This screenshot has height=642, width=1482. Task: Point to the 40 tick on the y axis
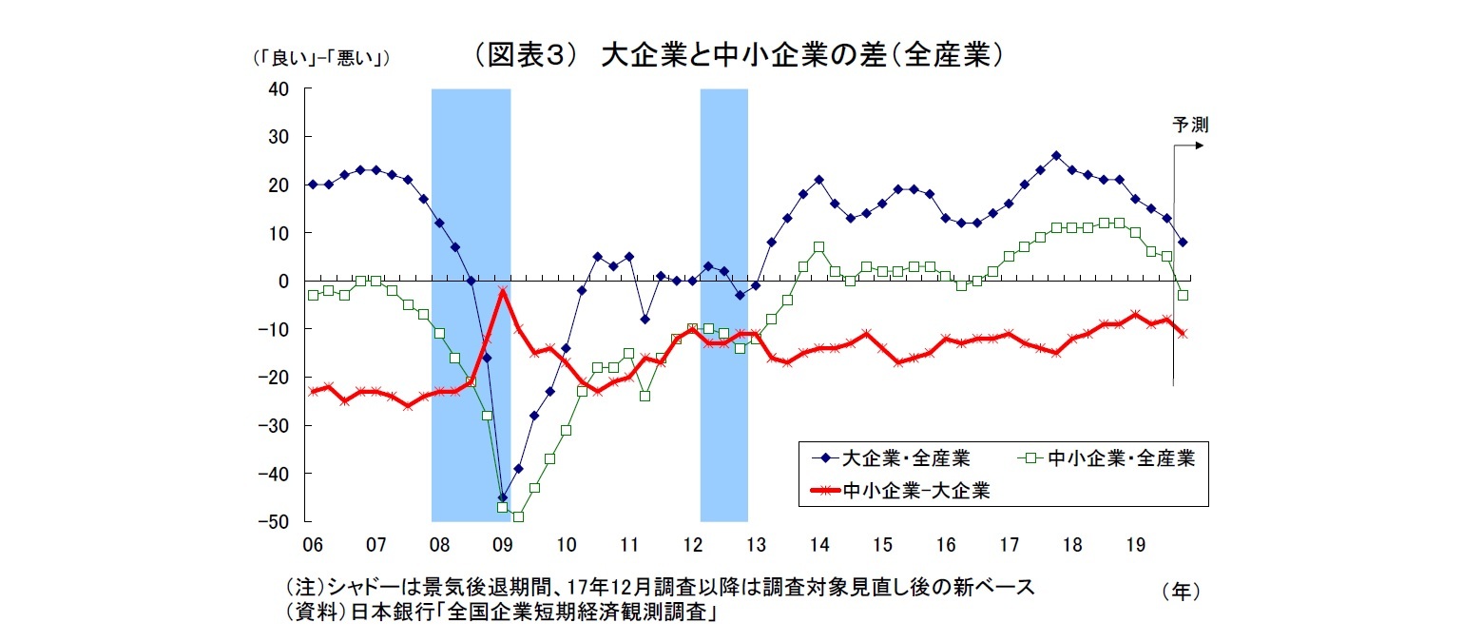click(x=279, y=88)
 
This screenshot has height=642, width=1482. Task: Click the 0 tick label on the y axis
click(x=283, y=281)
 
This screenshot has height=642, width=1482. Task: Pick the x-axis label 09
click(x=502, y=546)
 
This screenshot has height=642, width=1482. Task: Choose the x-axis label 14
click(x=819, y=546)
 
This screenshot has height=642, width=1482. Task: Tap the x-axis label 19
click(x=1135, y=546)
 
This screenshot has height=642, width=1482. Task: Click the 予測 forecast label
click(x=1189, y=125)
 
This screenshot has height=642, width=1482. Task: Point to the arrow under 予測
click(x=1188, y=146)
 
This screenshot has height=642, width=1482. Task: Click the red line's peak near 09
click(x=502, y=291)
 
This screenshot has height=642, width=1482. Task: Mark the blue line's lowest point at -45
click(x=502, y=496)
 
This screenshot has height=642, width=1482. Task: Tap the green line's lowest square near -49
click(x=518, y=516)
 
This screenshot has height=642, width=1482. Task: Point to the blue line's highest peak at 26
click(x=1056, y=155)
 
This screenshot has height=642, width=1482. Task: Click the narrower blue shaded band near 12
click(x=723, y=304)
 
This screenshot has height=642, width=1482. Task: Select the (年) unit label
click(x=1181, y=591)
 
